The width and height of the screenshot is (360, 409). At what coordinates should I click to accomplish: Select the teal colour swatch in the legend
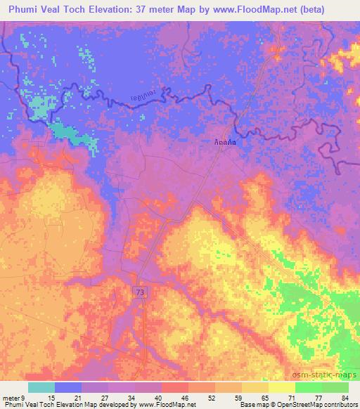pyautogui.click(x=41, y=387)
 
